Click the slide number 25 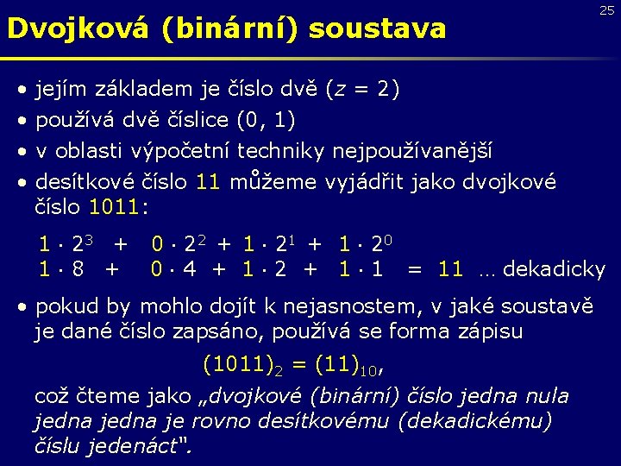click(x=607, y=11)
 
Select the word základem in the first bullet click(x=139, y=89)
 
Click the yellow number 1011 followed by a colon click(x=117, y=207)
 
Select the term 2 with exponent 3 click(x=82, y=243)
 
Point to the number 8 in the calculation click(x=78, y=269)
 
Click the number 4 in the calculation click(x=189, y=269)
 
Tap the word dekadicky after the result click(x=554, y=269)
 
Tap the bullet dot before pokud click(x=24, y=306)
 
